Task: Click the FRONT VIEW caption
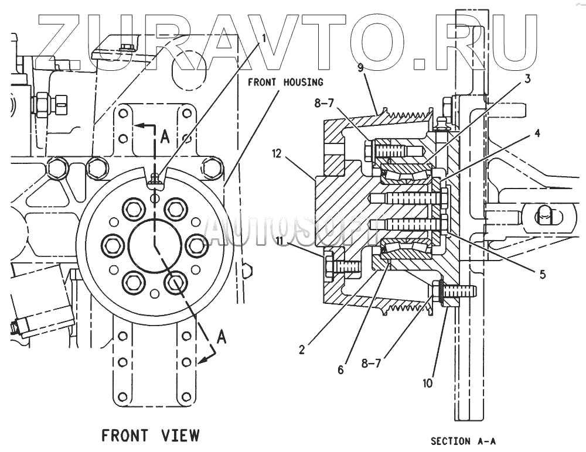[151, 436]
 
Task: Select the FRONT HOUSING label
[285, 82]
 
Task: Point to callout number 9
[360, 68]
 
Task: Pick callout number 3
[527, 79]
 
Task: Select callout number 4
[537, 133]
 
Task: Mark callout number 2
[301, 350]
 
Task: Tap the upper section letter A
[165, 136]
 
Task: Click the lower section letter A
[222, 336]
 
